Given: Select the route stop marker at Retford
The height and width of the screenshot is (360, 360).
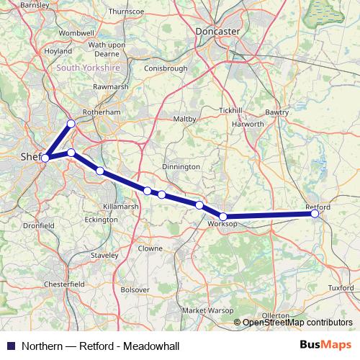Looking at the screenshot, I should click(314, 213).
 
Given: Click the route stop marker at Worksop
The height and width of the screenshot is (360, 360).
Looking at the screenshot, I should click(223, 217).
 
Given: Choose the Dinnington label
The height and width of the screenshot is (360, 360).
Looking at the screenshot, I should click(181, 166).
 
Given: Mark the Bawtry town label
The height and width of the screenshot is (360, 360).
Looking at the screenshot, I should click(276, 113).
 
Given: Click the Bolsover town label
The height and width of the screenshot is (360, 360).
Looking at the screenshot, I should click(134, 289).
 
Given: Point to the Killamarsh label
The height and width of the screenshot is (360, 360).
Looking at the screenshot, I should click(121, 206).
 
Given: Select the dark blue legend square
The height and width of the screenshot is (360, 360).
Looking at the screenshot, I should click(9, 346).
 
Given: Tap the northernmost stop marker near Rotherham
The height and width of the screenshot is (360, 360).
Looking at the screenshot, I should click(71, 124).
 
